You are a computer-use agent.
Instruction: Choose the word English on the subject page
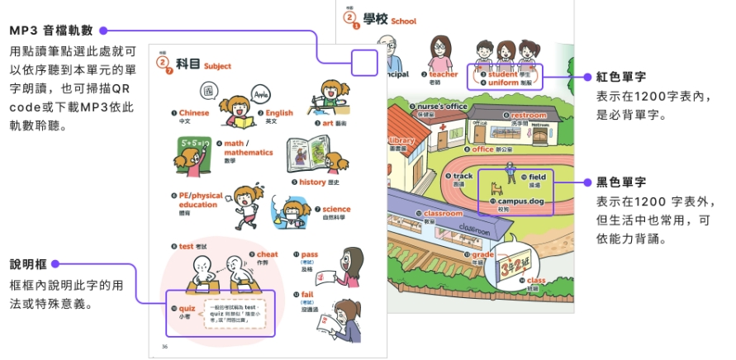(279, 113)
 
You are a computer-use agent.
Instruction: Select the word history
(312, 182)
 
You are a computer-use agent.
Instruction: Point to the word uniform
(504, 83)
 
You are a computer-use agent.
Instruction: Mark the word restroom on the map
(528, 116)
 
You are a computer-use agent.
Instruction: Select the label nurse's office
(442, 107)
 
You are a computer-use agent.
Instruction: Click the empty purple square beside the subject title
(364, 64)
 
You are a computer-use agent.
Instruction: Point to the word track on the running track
(463, 176)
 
